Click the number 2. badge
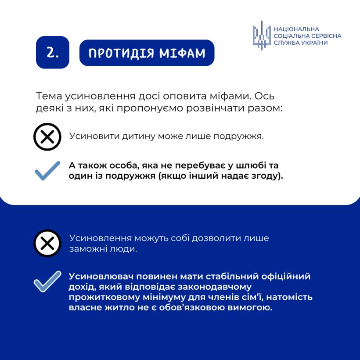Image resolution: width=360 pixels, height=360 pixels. [53, 53]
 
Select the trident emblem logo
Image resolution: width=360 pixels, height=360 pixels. [262, 35]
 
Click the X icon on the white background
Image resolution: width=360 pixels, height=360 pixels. [47, 137]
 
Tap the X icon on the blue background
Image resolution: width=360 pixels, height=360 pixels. [47, 243]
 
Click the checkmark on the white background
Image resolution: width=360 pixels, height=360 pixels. [47, 171]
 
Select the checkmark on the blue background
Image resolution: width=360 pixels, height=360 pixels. [47, 281]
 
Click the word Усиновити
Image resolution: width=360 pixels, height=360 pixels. [89, 136]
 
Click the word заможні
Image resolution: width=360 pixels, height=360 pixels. [85, 249]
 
